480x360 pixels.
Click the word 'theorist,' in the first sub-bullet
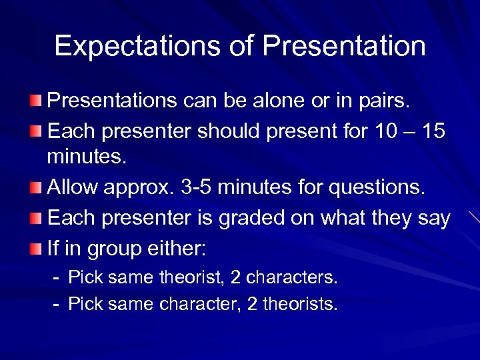tap(203, 277)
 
